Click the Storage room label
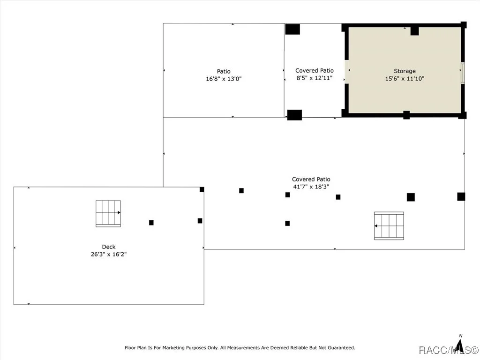405,71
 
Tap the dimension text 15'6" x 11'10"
405,78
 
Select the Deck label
109,247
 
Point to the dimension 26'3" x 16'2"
109,254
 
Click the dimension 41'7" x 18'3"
311,187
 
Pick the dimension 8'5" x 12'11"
315,78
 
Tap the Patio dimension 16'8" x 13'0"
224,79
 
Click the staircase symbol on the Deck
108,214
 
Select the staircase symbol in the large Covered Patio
389,225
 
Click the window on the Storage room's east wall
463,73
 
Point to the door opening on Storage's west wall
346,71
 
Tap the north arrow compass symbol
459,345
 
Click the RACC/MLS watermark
448,350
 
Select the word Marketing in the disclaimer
173,348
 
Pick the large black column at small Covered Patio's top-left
292,29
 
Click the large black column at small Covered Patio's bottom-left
294,115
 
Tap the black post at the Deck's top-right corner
202,189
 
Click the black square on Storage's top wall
414,31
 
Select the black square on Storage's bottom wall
406,115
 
